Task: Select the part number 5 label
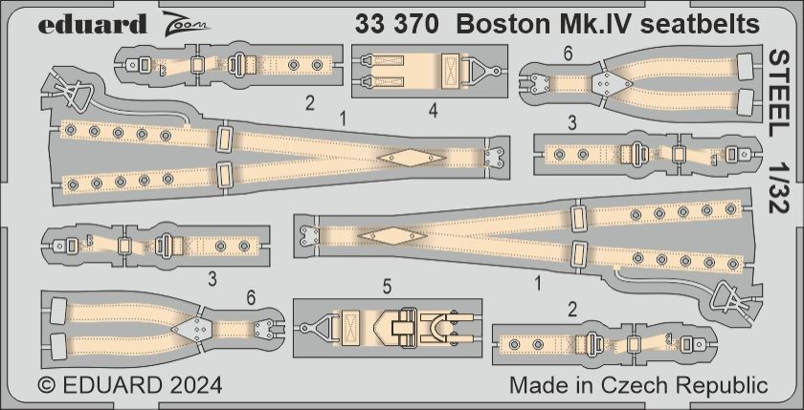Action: tap(387, 285)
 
